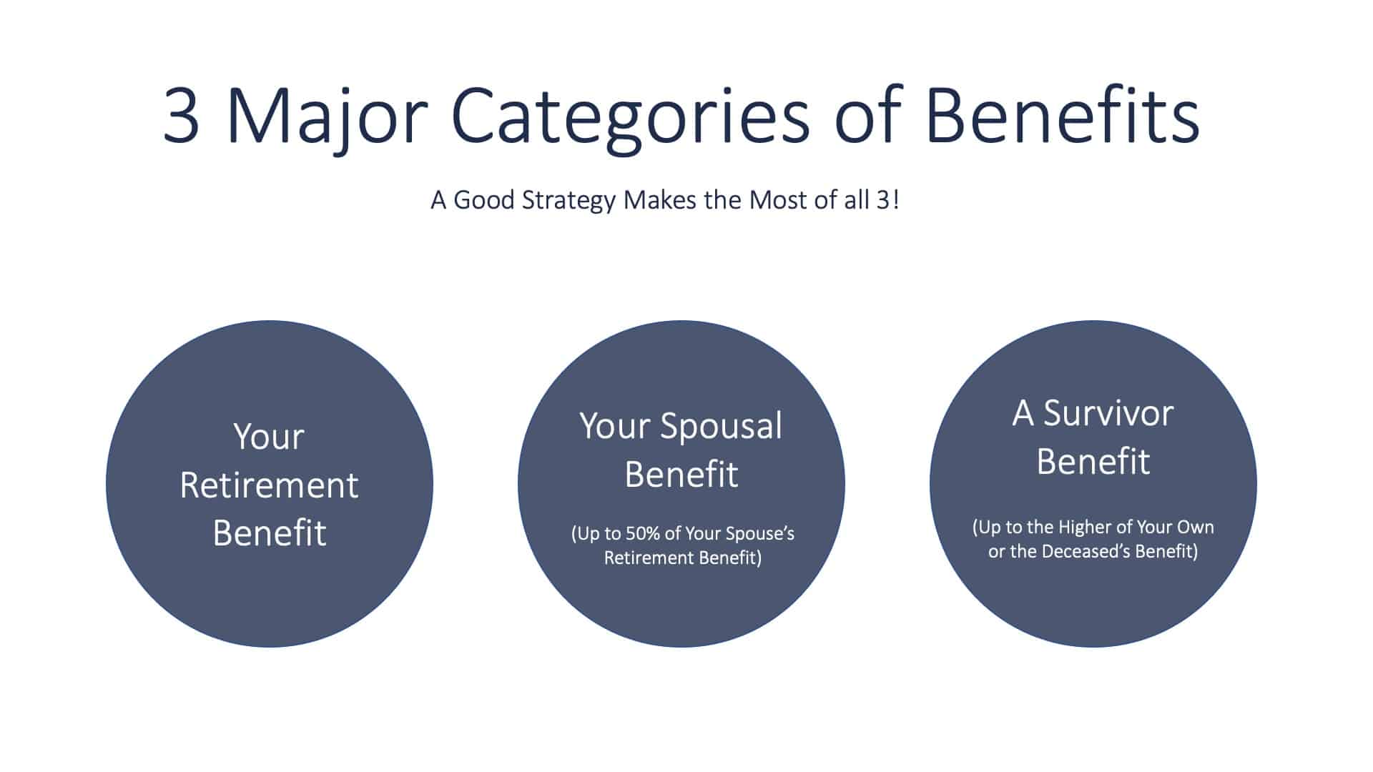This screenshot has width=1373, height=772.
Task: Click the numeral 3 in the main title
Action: click(x=181, y=114)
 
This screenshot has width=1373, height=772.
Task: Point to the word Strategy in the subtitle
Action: click(x=569, y=201)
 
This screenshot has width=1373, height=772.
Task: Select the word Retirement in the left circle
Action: click(x=269, y=485)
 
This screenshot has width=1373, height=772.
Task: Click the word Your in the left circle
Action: click(x=269, y=437)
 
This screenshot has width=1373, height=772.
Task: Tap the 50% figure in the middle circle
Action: click(x=643, y=533)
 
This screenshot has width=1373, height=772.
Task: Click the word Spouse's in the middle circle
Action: click(x=759, y=534)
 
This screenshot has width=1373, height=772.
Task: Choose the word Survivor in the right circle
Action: click(x=1108, y=414)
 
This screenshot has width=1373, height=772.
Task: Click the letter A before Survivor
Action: click(x=1023, y=414)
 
